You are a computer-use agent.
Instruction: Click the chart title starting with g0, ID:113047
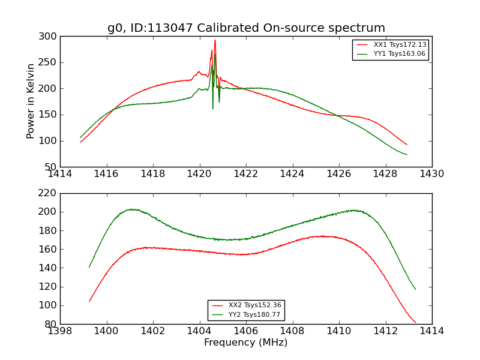(x=246, y=28)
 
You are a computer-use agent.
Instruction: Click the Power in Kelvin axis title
(x=31, y=101)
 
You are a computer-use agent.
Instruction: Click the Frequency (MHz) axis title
(x=245, y=343)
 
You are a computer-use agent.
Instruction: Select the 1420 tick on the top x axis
(x=199, y=173)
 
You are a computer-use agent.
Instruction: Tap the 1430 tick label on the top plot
(x=431, y=173)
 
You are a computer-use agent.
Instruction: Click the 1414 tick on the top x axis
(x=61, y=173)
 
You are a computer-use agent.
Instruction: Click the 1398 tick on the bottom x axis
(x=61, y=331)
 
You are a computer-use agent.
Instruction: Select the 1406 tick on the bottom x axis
(x=246, y=331)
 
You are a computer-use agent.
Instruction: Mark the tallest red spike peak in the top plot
(x=215, y=41)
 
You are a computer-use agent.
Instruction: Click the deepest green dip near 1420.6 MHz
(x=213, y=108)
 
